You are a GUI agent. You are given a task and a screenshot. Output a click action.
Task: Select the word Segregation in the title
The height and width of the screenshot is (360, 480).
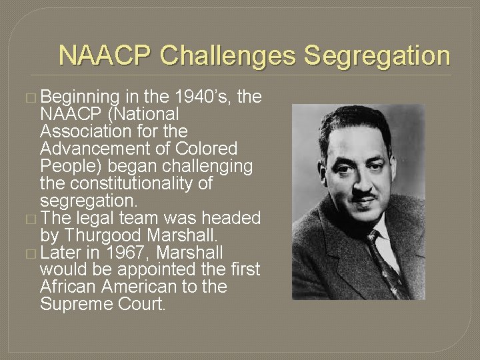pyautogui.click(x=378, y=55)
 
